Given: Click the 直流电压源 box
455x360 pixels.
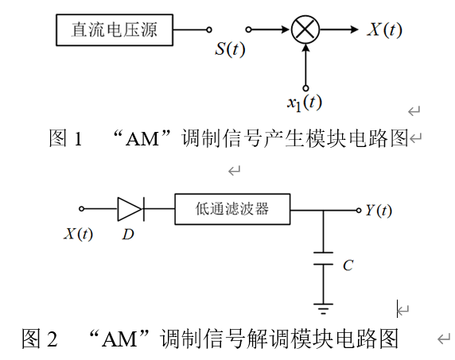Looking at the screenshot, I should [x=114, y=30].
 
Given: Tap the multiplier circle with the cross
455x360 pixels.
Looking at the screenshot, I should [x=305, y=30].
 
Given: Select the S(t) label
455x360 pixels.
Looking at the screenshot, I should [x=230, y=49].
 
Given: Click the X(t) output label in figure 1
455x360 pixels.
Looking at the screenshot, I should [x=384, y=30].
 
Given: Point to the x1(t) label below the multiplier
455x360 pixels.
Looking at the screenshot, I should [x=304, y=101].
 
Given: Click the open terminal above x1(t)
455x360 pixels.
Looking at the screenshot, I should [x=305, y=87].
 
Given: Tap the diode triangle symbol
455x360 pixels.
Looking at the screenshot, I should [x=130, y=210].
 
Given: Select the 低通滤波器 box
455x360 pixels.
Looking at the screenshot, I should [x=232, y=210].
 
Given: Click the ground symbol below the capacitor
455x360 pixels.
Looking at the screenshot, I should [x=323, y=306].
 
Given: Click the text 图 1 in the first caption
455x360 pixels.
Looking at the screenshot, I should [x=66, y=139].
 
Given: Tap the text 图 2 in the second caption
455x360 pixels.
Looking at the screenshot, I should [x=40, y=339].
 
